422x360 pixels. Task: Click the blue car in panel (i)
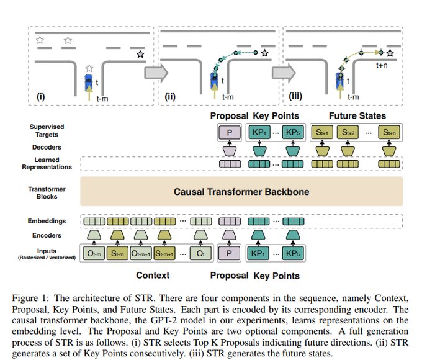pyautogui.click(x=89, y=82)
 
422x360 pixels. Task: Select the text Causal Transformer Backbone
pyautogui.click(x=242, y=192)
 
